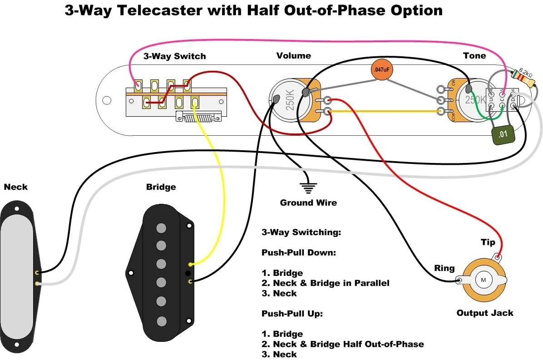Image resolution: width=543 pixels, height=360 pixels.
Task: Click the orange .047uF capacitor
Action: tap(381, 70)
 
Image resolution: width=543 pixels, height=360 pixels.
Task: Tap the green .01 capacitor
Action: tap(502, 134)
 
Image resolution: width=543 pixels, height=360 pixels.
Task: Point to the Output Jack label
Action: tap(485, 313)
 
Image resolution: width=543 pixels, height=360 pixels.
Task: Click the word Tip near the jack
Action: tap(488, 242)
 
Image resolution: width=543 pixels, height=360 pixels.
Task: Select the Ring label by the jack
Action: tap(444, 268)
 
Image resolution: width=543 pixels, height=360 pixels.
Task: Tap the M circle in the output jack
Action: tap(483, 280)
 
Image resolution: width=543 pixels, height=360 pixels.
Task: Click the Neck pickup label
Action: tap(15, 187)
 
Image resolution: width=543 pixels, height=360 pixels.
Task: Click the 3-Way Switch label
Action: tap(174, 56)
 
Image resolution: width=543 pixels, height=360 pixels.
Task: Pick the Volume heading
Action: tap(294, 55)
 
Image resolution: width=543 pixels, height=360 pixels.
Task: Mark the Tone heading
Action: tap(474, 55)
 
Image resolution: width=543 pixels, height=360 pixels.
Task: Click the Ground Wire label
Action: tap(308, 202)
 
